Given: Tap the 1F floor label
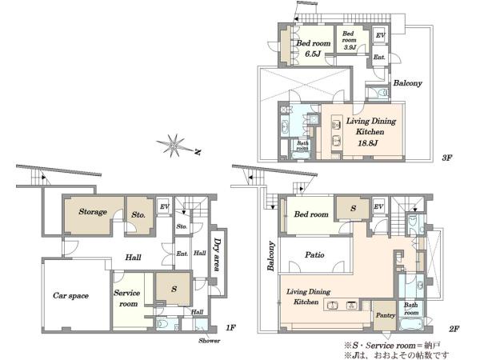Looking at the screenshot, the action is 230,328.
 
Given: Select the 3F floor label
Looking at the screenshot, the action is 447,158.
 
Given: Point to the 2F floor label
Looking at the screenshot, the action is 454,329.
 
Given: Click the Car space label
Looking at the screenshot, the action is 70,296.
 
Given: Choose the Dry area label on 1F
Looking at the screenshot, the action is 218,254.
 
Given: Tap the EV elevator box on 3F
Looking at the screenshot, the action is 380,35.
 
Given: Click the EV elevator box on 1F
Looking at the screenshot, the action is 164,207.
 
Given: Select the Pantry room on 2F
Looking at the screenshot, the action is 385,316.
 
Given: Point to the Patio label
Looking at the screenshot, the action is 314,254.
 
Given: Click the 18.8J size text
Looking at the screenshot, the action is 368,142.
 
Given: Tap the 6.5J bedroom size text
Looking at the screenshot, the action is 313,54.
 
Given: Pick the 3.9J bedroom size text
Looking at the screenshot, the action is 350,47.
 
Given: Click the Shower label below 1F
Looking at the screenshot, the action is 209,341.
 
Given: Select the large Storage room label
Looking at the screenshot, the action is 93,211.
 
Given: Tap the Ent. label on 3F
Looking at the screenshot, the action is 379,58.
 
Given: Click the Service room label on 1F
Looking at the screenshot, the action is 127,298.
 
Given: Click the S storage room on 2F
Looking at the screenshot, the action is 354,209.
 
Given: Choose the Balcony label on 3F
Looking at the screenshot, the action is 407,83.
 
